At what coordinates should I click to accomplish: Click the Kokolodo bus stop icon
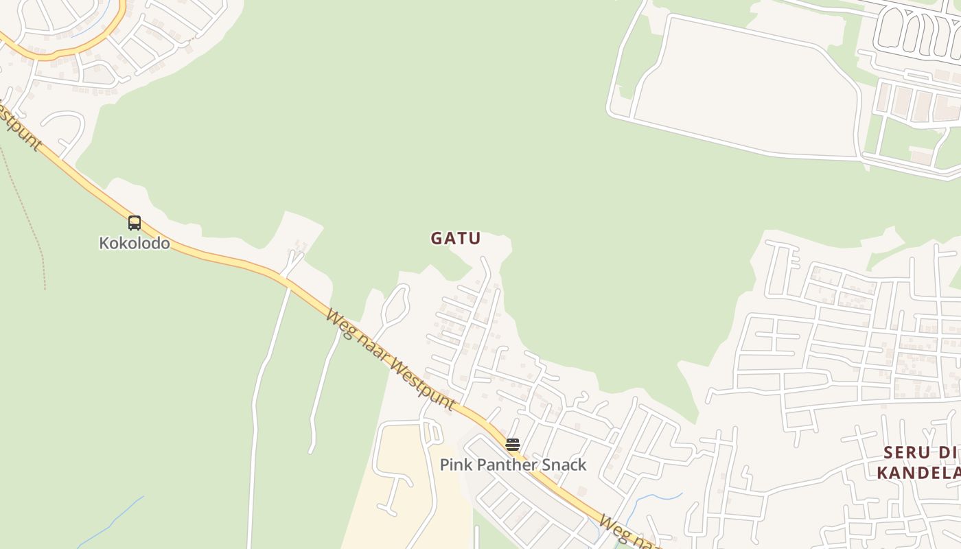point(135,222)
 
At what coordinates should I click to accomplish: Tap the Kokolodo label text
point(135,243)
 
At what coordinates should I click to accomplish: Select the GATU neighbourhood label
point(456,238)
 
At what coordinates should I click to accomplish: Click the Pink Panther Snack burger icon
point(513,444)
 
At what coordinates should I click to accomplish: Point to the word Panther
point(505,465)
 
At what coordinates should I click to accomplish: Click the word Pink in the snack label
point(454,465)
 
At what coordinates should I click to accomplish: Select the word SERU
point(907,452)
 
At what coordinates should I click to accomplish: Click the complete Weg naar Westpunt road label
point(390,360)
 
